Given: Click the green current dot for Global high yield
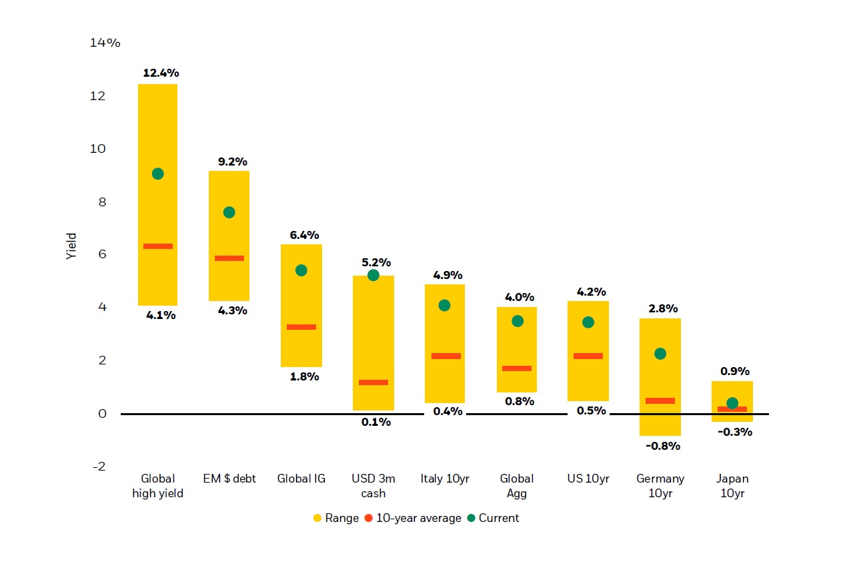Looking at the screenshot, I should click(157, 174).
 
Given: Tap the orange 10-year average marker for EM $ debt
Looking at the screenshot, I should click(229, 258).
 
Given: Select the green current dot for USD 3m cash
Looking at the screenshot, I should click(373, 275).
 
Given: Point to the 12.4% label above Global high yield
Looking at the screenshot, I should click(161, 73).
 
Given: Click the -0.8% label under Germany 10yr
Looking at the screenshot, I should click(662, 446).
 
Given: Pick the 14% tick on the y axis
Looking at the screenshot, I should click(105, 43).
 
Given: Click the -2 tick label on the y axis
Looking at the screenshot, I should click(98, 466).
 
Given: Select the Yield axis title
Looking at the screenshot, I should click(72, 246).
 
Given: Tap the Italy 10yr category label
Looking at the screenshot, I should click(445, 479).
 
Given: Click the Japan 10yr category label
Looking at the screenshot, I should click(732, 486).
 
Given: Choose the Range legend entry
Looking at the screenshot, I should click(336, 518).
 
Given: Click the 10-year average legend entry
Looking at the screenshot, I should click(413, 518).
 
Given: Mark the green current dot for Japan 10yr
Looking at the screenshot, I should click(732, 403).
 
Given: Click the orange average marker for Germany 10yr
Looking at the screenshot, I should click(660, 400).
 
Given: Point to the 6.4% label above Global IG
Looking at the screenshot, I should click(304, 235).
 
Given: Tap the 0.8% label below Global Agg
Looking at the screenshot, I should click(519, 401).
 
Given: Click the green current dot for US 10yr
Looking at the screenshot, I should click(588, 322).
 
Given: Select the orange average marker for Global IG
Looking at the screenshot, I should click(301, 327).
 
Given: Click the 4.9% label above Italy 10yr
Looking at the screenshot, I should click(448, 275).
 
